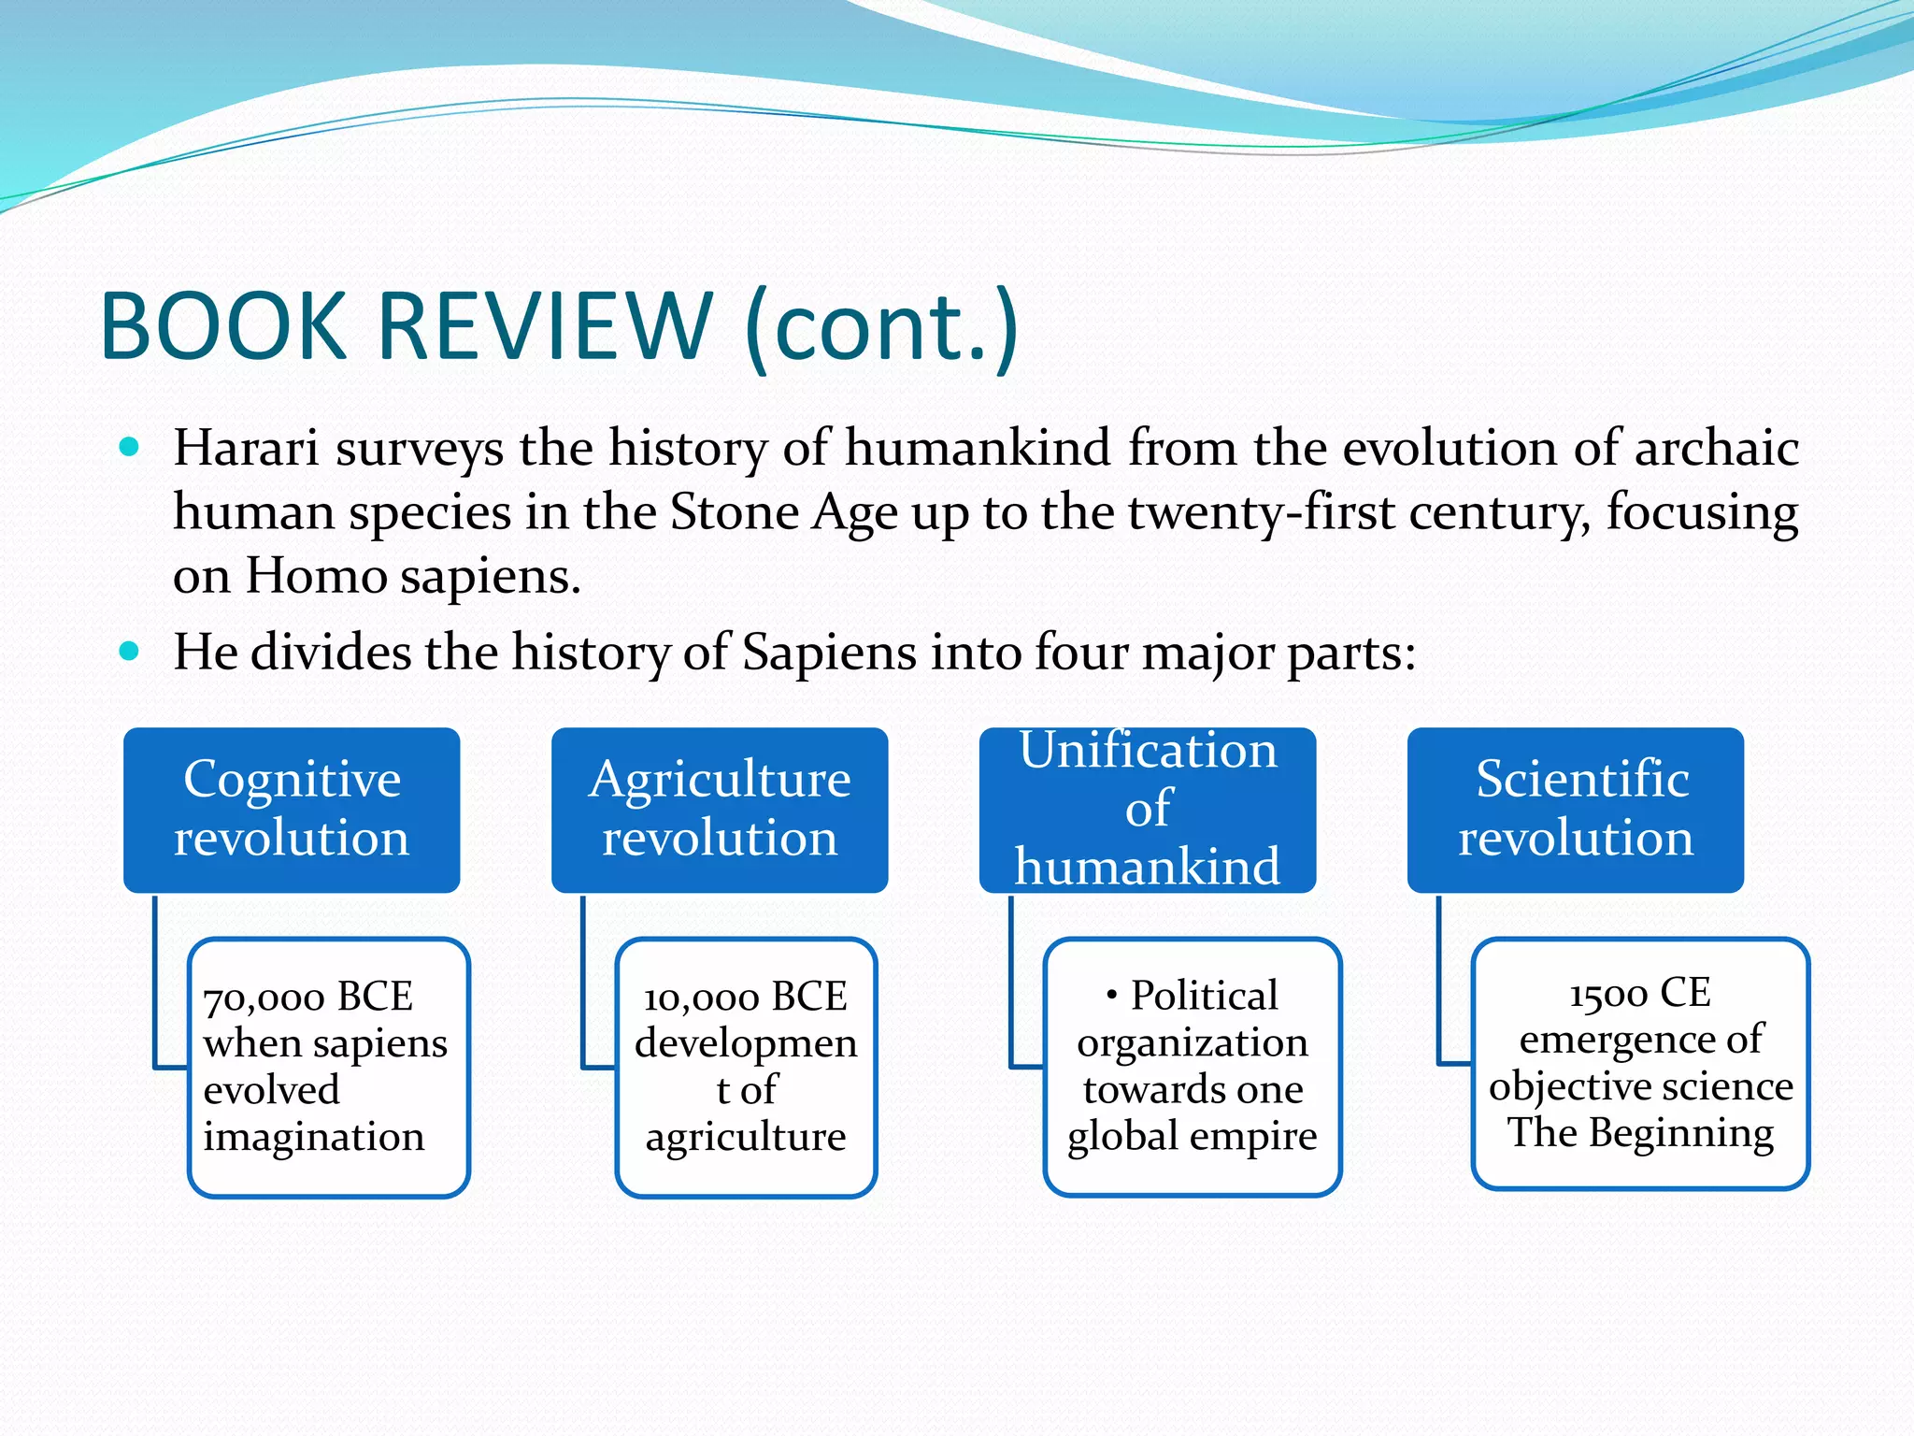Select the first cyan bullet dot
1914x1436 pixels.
pyautogui.click(x=130, y=447)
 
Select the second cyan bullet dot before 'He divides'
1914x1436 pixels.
pyautogui.click(x=130, y=651)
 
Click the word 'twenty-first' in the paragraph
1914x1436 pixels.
pyautogui.click(x=1262, y=512)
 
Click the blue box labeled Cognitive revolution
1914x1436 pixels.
pyautogui.click(x=292, y=810)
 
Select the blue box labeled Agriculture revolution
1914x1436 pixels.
pyautogui.click(x=720, y=810)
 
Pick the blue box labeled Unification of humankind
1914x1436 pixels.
pyautogui.click(x=1148, y=810)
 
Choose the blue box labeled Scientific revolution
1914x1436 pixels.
pyautogui.click(x=1576, y=810)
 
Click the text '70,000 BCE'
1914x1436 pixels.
pyautogui.click(x=307, y=997)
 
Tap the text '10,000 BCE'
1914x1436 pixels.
pyautogui.click(x=745, y=997)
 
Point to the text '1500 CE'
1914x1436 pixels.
pyautogui.click(x=1640, y=992)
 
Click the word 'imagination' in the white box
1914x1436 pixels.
pyautogui.click(x=314, y=1137)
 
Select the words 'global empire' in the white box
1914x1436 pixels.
pyautogui.click(x=1193, y=1137)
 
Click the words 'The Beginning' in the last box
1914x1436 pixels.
pyautogui.click(x=1640, y=1132)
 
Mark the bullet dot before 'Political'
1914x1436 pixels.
pyautogui.click(x=1111, y=996)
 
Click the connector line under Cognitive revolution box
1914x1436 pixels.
pyautogui.click(x=156, y=982)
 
